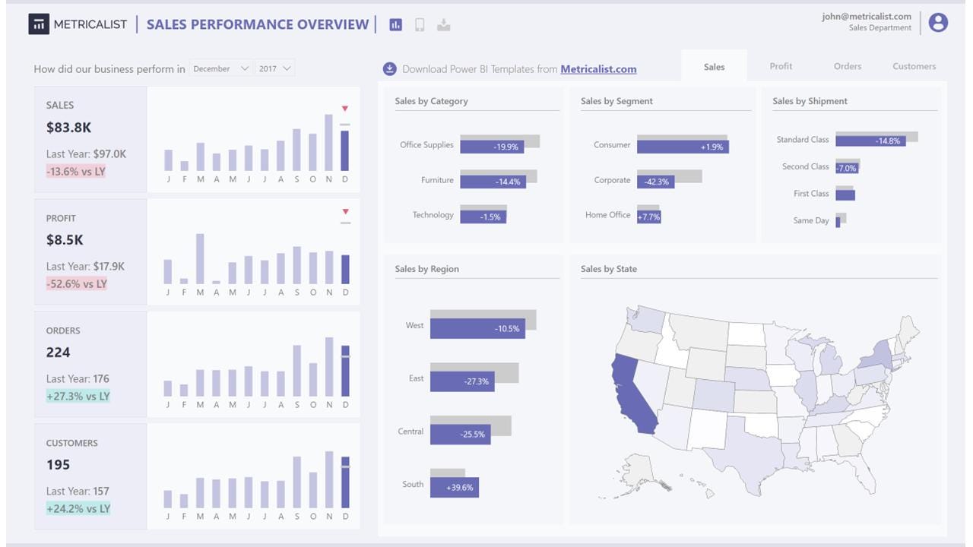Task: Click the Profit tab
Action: (781, 66)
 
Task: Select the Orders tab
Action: (847, 66)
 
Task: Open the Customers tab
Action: (914, 66)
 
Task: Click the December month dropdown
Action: (220, 68)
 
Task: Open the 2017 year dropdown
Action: (274, 68)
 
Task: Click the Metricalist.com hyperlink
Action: (598, 69)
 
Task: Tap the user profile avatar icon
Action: (938, 23)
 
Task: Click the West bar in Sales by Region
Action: (477, 328)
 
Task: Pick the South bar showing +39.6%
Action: (454, 487)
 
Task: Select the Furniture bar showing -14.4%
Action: (493, 182)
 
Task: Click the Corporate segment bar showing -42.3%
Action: (655, 182)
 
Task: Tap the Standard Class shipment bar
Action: (870, 141)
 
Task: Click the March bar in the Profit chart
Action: (200, 258)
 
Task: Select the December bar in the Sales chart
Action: (345, 150)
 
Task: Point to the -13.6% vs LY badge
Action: (76, 172)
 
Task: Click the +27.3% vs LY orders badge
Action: (78, 397)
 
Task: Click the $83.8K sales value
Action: (68, 128)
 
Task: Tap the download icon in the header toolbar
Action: (444, 25)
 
